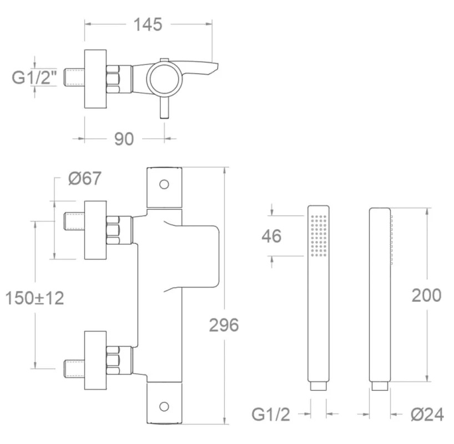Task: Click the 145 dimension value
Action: [148, 24]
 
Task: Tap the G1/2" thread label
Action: [34, 78]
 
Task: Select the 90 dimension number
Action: [124, 139]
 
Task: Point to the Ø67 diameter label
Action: [85, 178]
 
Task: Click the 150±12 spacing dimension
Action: [35, 298]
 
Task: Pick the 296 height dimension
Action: [224, 325]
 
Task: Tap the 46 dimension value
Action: [271, 236]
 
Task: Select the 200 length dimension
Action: [426, 295]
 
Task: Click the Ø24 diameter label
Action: [427, 415]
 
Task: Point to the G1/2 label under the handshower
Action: [271, 415]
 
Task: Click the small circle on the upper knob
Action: [164, 184]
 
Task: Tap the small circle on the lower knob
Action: [164, 406]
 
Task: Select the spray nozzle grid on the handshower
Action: [319, 235]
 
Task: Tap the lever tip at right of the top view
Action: [216, 65]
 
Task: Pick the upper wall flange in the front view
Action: [95, 230]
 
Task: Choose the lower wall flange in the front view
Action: [95, 360]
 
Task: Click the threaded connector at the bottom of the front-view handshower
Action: [319, 386]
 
